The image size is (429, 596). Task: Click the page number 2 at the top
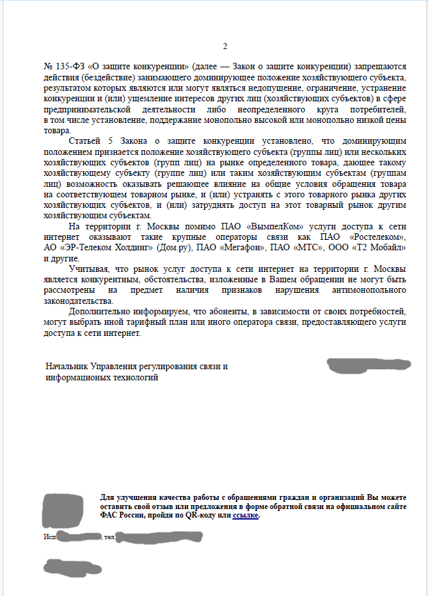coord(225,46)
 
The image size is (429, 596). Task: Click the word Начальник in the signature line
coord(67,367)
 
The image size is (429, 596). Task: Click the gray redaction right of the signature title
coord(369,365)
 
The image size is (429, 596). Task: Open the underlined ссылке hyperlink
coord(246,516)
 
